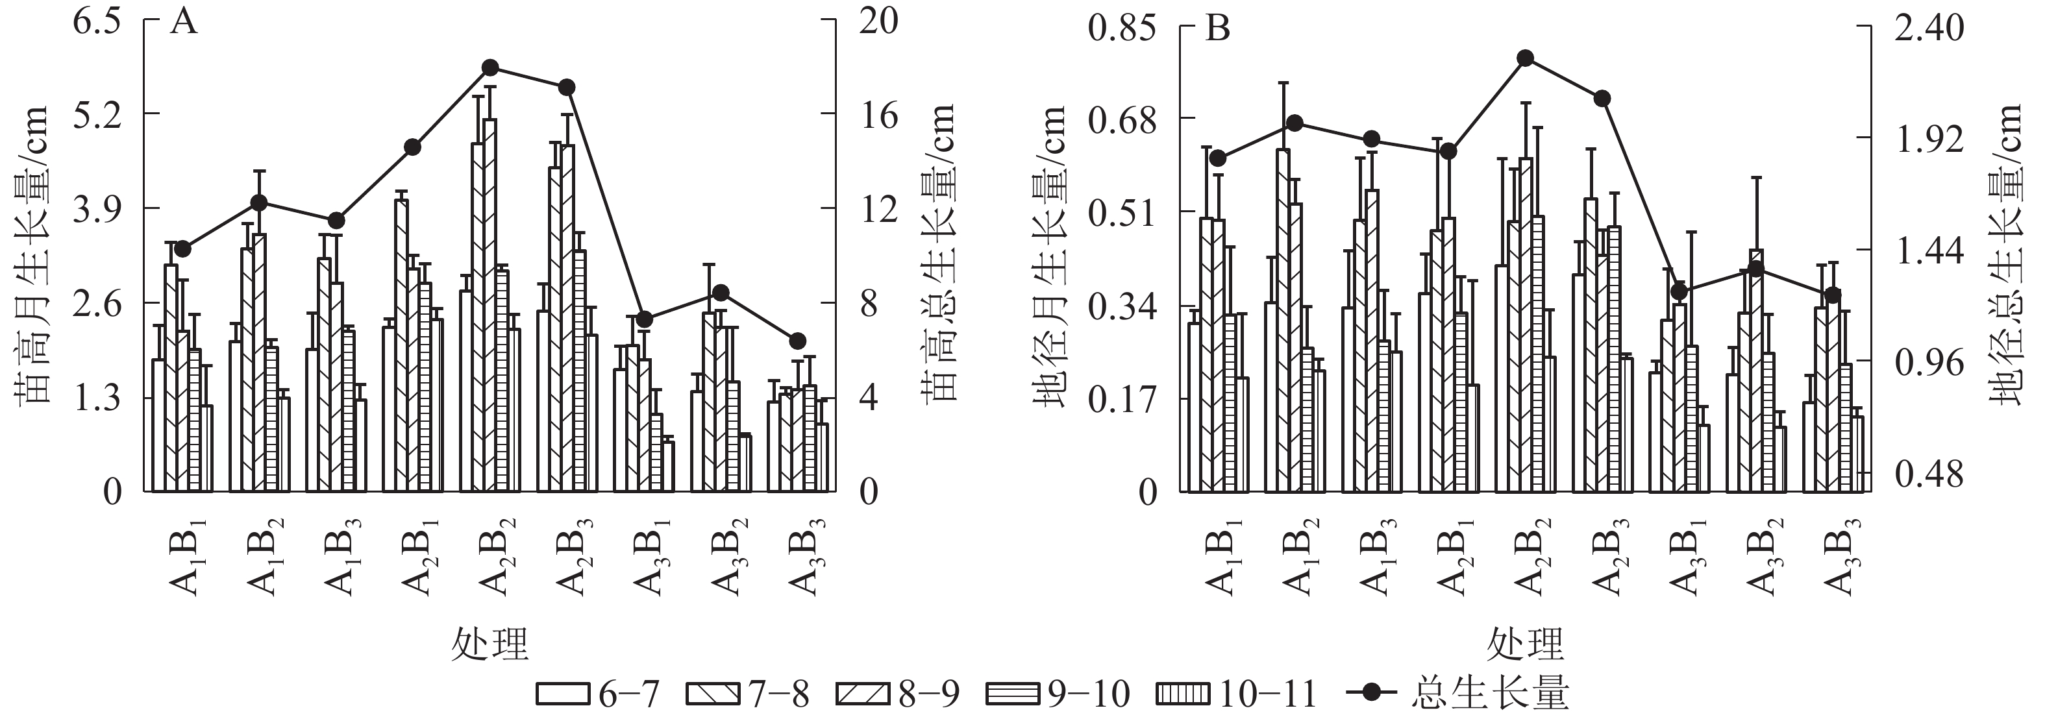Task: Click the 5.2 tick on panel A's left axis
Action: coord(96,115)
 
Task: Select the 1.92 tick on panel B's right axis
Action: coord(1928,140)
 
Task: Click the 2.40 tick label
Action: coord(1928,28)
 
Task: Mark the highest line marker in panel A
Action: coord(490,67)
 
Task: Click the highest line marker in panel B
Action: coord(1524,58)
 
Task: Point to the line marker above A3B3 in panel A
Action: coord(798,341)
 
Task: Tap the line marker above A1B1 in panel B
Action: coord(1218,158)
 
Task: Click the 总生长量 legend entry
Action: coord(1459,694)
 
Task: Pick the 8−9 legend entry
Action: coord(898,694)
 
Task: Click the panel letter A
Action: coord(183,22)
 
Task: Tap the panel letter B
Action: coord(1217,29)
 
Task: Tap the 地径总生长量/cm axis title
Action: coord(2008,254)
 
